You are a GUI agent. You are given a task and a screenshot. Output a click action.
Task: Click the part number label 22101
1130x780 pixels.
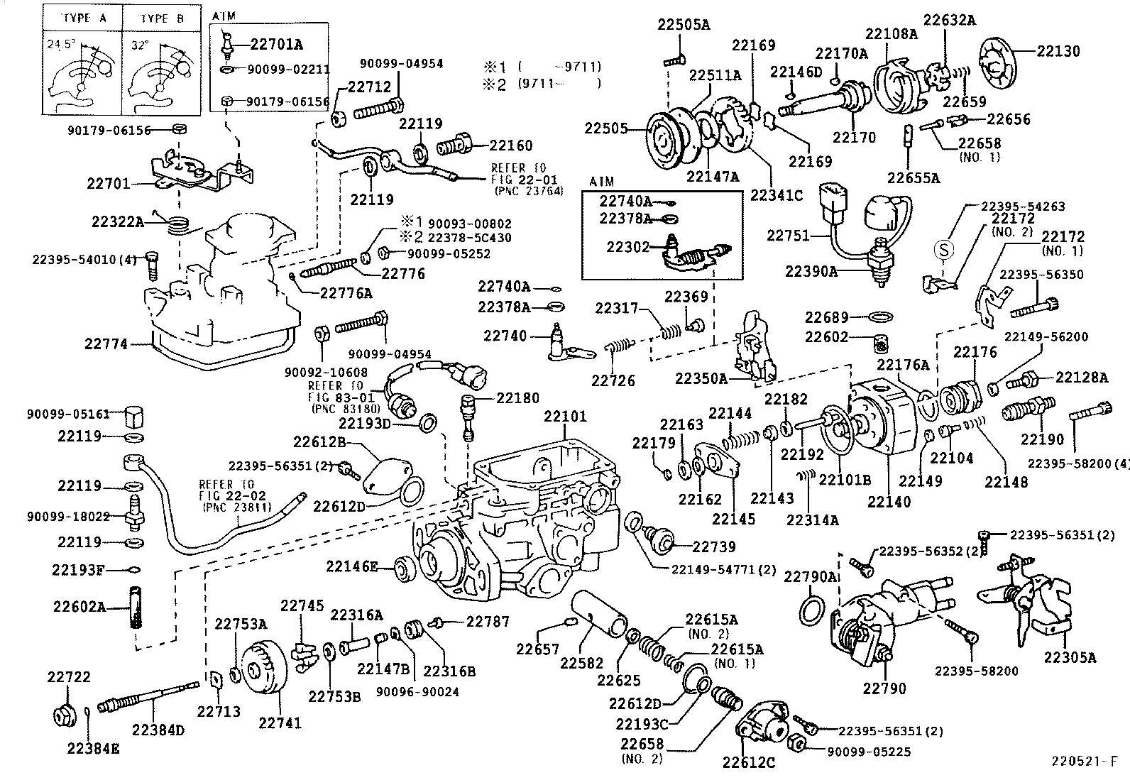tap(566, 415)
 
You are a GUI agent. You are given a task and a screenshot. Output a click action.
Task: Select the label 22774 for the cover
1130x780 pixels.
tap(106, 344)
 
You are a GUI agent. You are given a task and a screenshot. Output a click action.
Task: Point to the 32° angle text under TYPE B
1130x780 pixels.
tap(141, 45)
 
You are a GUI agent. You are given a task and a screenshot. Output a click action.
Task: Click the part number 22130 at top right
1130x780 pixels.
tap(1058, 51)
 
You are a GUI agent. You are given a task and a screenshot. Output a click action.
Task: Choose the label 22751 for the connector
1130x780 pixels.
tap(788, 235)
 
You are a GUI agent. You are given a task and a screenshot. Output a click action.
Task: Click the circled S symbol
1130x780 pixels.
tap(943, 249)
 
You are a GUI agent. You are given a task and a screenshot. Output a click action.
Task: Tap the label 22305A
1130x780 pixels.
tap(1070, 657)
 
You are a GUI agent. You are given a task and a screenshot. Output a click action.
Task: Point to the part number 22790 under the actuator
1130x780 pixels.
tap(884, 688)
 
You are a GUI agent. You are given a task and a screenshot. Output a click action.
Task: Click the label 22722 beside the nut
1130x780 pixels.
tap(69, 677)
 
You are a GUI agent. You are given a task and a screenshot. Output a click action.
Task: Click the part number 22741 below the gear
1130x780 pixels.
tap(280, 723)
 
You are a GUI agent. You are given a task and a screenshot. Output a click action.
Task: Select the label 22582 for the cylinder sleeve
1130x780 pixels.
tap(581, 663)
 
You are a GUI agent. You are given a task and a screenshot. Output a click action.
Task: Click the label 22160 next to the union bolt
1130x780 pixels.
tap(510, 145)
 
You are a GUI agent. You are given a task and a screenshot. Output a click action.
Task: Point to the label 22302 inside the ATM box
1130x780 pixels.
tap(627, 247)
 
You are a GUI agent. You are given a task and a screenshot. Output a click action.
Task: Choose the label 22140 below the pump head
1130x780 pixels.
tap(889, 502)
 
